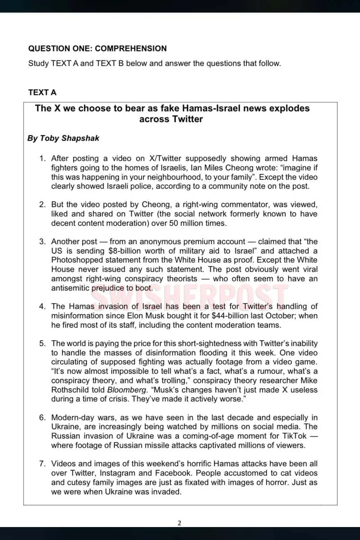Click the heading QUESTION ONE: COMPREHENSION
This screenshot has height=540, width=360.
97,49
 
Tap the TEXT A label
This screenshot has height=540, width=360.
42,93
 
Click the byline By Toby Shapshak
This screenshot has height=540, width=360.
63,138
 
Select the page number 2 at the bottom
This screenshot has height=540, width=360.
180,523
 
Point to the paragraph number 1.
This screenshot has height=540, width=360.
42,159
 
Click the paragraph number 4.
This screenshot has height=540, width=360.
42,307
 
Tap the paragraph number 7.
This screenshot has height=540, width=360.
42,464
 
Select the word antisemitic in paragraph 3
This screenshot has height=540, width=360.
70,288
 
